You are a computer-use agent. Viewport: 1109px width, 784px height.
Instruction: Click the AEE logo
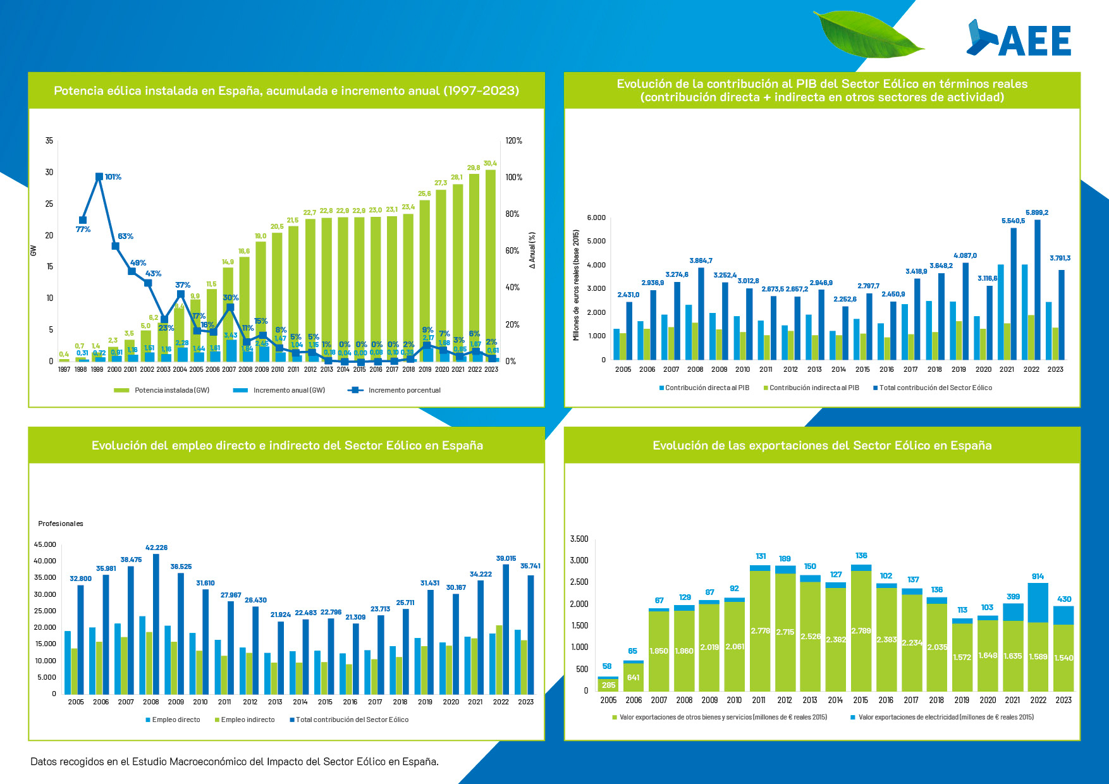click(1019, 39)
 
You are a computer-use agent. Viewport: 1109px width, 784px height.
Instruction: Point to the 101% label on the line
click(113, 177)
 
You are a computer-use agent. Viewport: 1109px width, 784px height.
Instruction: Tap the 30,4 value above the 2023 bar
click(490, 163)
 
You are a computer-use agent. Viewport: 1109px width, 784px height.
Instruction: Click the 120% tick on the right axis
click(514, 141)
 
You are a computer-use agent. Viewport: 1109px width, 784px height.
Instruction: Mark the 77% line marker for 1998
click(83, 220)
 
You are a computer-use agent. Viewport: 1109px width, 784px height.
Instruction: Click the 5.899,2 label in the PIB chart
click(1036, 213)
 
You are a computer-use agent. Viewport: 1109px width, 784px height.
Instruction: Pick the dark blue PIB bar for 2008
click(701, 314)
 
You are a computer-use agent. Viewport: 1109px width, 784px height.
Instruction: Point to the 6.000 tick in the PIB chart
click(596, 218)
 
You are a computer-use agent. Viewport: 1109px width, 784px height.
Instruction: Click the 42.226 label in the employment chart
click(156, 548)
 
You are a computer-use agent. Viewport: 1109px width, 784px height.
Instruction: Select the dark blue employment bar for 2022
click(505, 628)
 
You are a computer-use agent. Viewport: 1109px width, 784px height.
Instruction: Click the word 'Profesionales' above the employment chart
click(61, 524)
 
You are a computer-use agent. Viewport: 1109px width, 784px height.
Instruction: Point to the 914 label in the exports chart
click(1038, 577)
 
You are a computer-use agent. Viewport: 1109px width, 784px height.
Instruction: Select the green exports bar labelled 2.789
click(861, 630)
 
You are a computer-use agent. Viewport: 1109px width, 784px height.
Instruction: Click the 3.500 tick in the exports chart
click(579, 539)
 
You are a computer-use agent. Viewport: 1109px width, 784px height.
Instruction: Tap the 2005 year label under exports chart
click(608, 700)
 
